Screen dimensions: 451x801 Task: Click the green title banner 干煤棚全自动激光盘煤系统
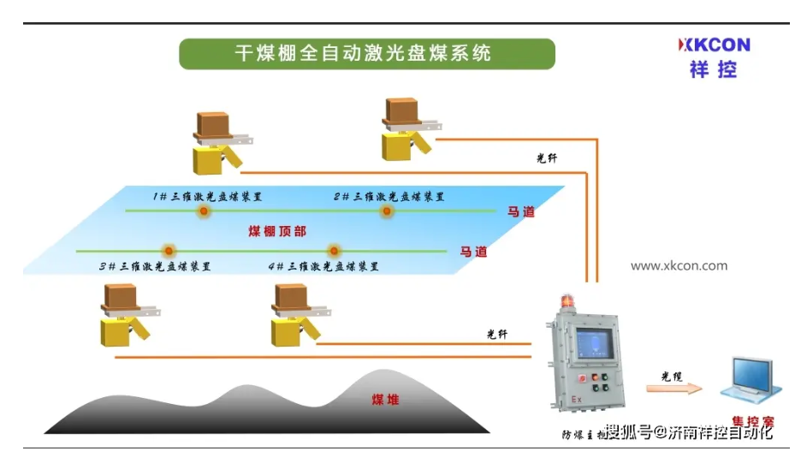tap(366, 54)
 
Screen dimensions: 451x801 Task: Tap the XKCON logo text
tap(714, 45)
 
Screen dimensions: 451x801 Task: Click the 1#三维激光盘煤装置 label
tap(208, 197)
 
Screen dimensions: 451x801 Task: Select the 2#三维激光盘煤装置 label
tap(389, 197)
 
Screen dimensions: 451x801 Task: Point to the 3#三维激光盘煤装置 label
tap(155, 266)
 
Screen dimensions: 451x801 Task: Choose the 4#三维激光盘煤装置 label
tap(323, 266)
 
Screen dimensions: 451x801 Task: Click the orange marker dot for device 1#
tap(204, 211)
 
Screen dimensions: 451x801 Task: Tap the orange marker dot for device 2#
tap(387, 211)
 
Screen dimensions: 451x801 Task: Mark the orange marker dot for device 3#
tap(169, 252)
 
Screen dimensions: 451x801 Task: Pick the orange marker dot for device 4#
tap(333, 252)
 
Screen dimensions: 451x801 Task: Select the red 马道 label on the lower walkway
tap(473, 252)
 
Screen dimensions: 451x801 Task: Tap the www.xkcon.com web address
tap(679, 265)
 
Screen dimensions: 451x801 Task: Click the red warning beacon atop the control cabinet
tap(567, 303)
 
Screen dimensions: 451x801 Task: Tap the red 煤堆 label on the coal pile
tap(385, 400)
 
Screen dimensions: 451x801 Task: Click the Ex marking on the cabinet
tap(577, 400)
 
